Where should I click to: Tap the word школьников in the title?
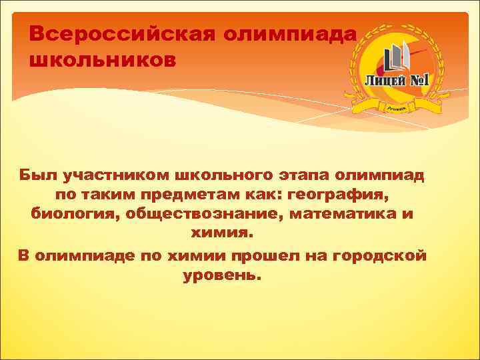point(103,60)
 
